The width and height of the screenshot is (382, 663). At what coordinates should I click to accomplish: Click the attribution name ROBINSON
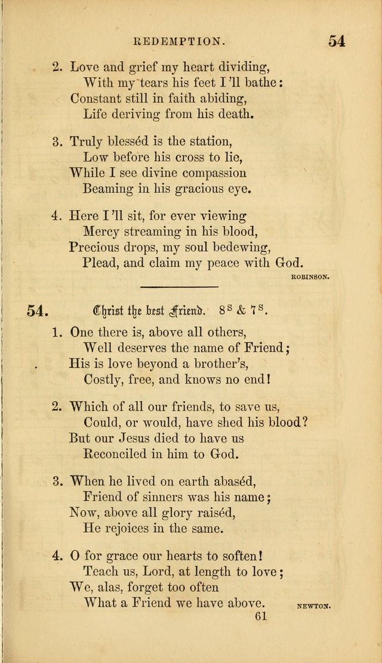tap(311, 277)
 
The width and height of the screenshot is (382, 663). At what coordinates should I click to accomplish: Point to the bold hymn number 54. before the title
tap(37, 310)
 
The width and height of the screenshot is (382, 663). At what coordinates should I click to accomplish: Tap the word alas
tap(113, 587)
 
